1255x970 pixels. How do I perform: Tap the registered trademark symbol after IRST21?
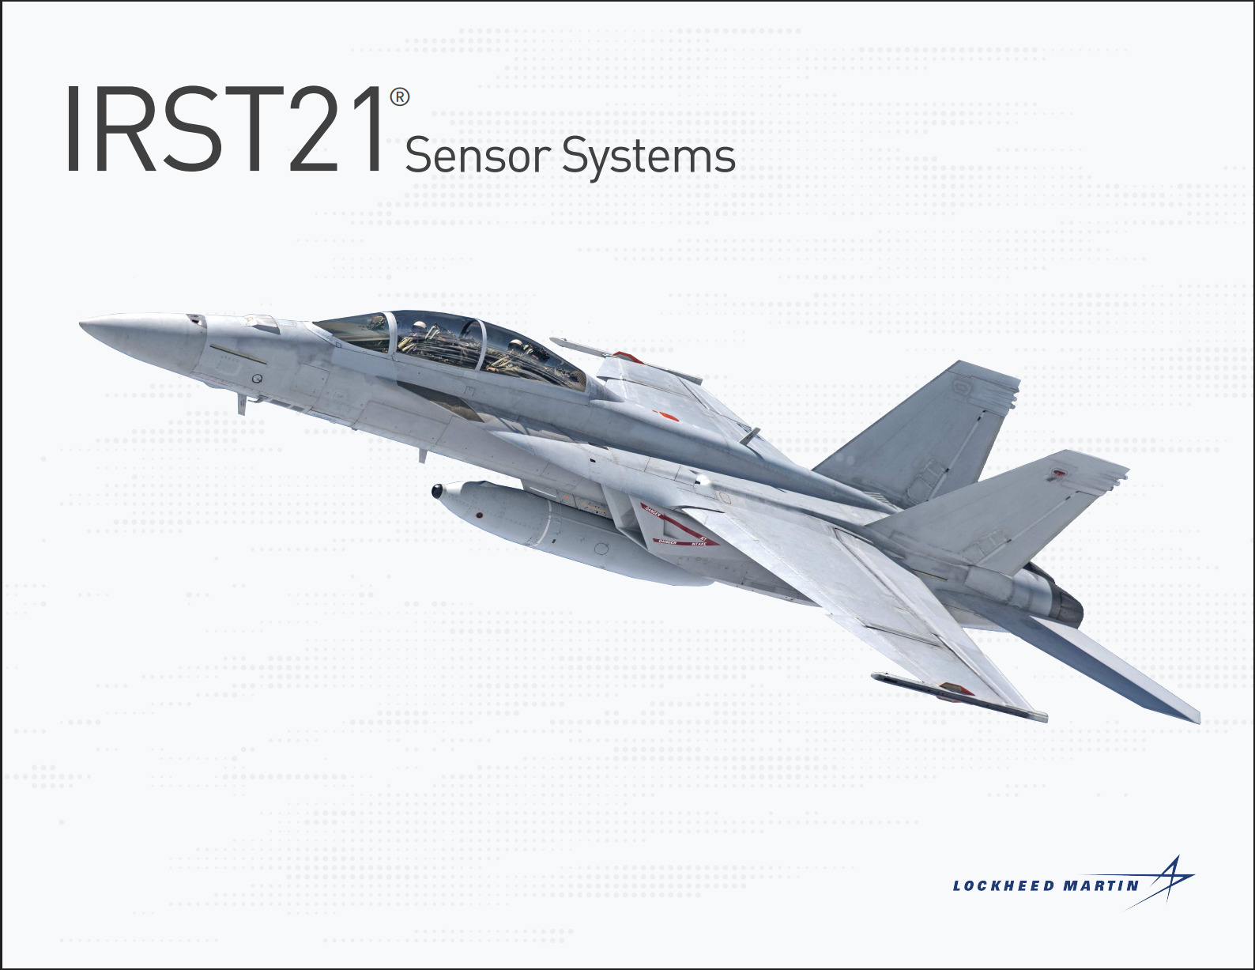pyautogui.click(x=400, y=97)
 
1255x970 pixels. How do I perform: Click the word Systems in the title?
pyautogui.click(x=649, y=158)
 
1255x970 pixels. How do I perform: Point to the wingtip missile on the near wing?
pyautogui.click(x=959, y=696)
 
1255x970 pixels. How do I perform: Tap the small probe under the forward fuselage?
pyautogui.click(x=242, y=404)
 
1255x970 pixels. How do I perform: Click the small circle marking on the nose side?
pyautogui.click(x=257, y=379)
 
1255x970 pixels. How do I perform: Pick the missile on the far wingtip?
pyautogui.click(x=626, y=360)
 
